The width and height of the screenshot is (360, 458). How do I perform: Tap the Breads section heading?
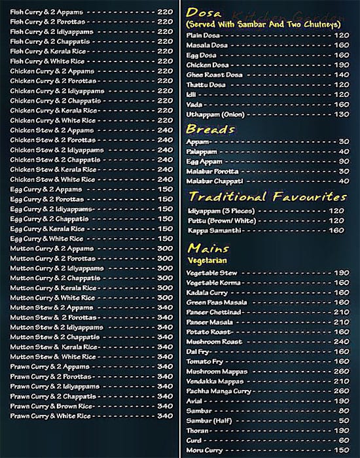pyautogui.click(x=210, y=129)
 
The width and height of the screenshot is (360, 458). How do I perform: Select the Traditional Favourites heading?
pyautogui.click(x=267, y=196)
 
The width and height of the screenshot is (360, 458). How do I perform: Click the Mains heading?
pyautogui.click(x=207, y=249)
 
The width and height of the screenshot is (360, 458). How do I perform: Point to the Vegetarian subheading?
pyautogui.click(x=206, y=260)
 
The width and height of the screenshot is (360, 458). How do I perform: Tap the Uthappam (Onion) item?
pyautogui.click(x=215, y=114)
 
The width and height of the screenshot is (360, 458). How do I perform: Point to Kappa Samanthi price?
pyautogui.click(x=336, y=230)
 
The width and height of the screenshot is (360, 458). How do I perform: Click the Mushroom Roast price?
pyautogui.click(x=341, y=342)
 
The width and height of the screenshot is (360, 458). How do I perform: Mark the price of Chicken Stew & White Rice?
pyautogui.click(x=165, y=179)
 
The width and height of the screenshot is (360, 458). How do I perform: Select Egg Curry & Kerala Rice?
pyautogui.click(x=48, y=229)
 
